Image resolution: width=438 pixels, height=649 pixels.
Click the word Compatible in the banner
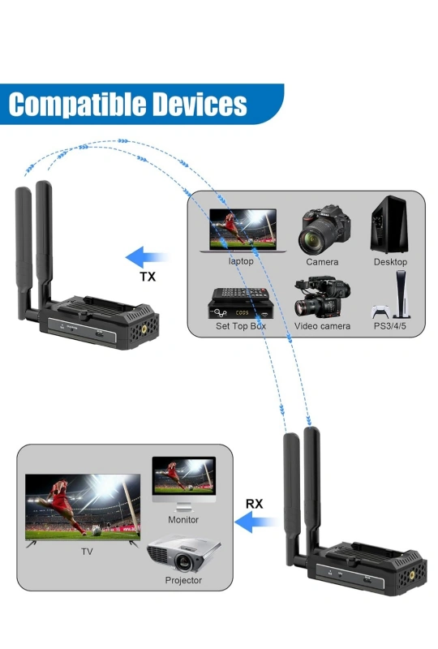click(78, 105)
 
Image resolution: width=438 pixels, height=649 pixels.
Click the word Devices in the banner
click(200, 104)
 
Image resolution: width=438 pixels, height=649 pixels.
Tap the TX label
click(148, 277)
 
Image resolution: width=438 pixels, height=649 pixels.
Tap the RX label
click(254, 504)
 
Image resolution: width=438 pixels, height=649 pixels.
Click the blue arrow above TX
click(147, 257)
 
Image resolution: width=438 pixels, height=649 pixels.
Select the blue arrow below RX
click(255, 522)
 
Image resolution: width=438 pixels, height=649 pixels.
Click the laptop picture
click(243, 230)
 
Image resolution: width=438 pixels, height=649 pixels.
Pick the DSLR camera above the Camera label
click(324, 230)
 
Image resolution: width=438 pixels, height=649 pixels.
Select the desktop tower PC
click(389, 225)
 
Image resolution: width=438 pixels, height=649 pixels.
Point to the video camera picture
click(322, 297)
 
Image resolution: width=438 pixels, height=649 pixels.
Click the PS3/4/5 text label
click(390, 326)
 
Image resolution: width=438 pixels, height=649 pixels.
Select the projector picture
click(183, 554)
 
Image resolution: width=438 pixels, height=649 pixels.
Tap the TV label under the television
click(87, 552)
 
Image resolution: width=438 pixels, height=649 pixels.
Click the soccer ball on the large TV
click(97, 531)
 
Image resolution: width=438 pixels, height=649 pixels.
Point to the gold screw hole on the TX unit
click(144, 329)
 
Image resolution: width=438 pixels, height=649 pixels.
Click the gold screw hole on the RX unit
click(412, 575)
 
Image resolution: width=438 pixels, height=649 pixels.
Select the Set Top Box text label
click(241, 326)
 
